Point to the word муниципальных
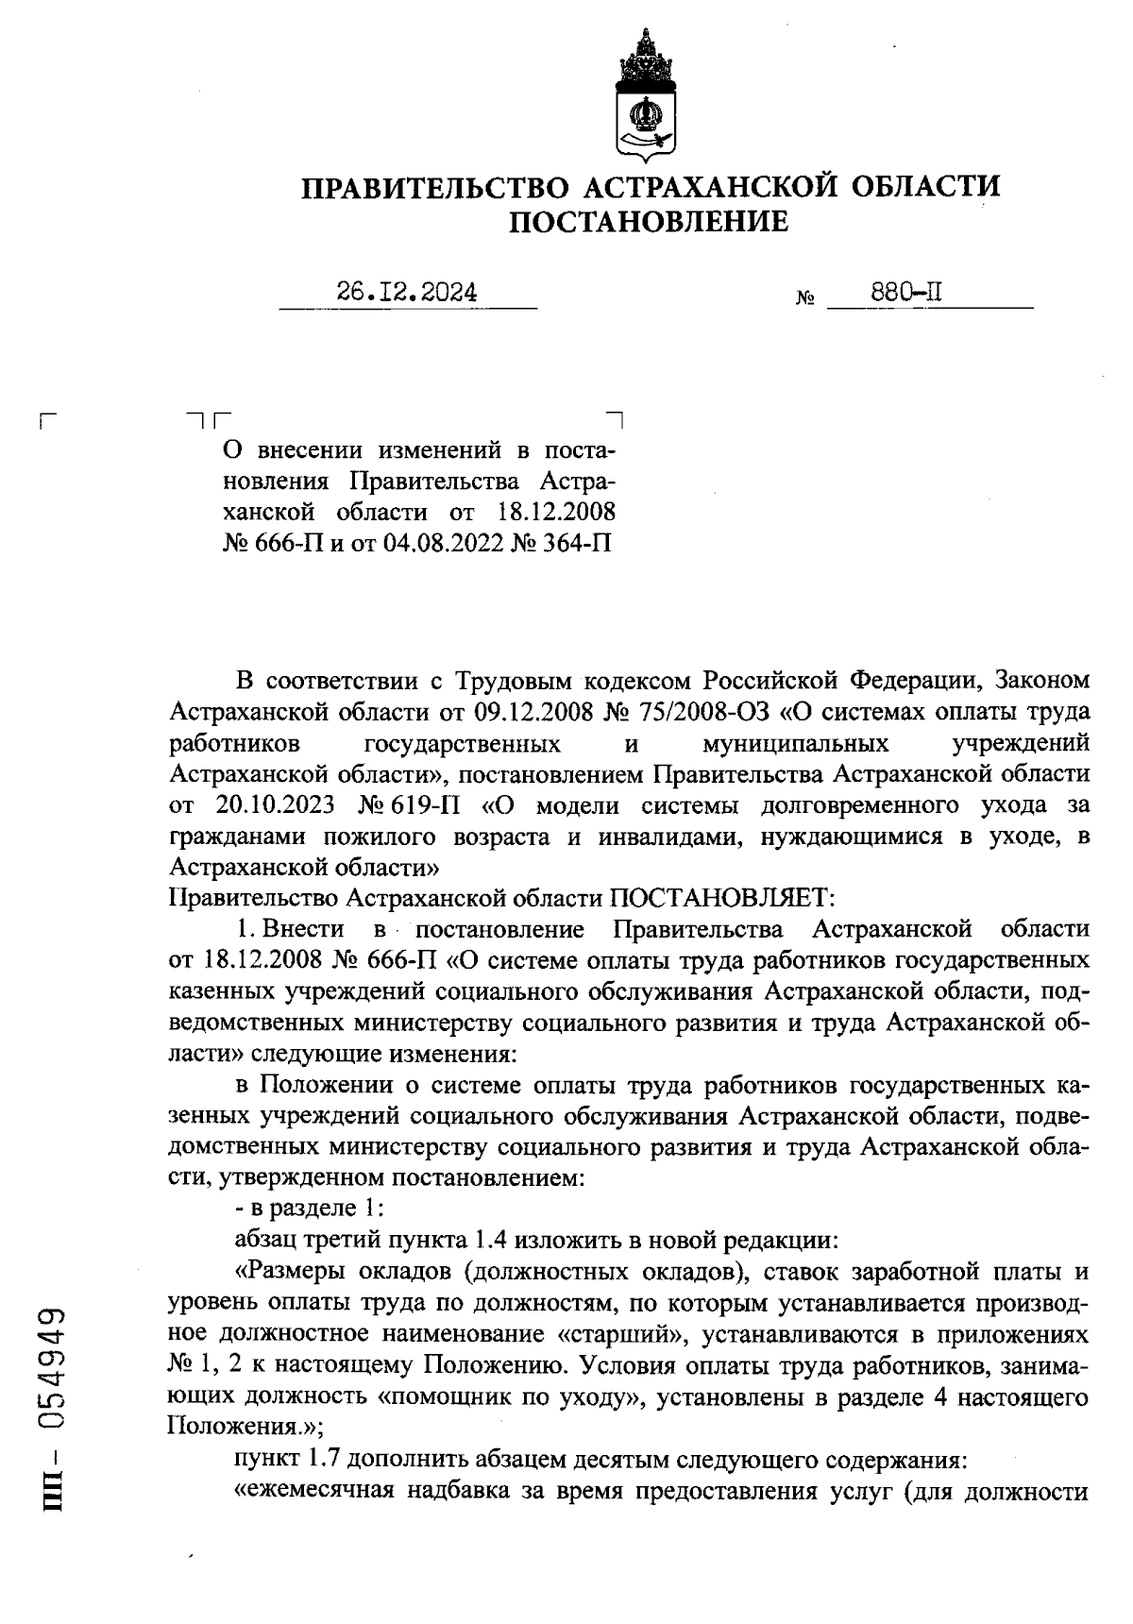point(796,742)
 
